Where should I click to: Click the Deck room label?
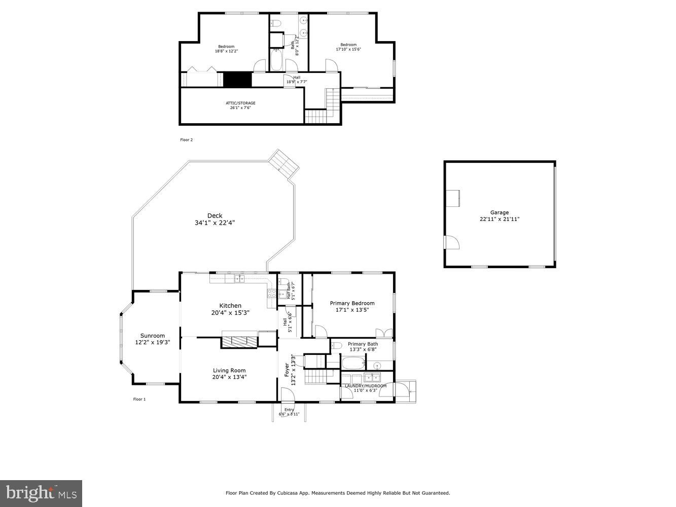coord(215,215)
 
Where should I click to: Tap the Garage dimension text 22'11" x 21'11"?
coord(500,219)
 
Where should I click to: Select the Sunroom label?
coord(153,336)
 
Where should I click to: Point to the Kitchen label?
coord(230,306)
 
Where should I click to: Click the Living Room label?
coord(229,370)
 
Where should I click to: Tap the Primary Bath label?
coord(363,344)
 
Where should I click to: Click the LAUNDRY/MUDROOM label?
coord(366,386)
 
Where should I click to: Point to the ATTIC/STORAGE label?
coord(240,103)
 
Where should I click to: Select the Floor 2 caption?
coord(187,140)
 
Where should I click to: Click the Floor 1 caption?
coord(139,399)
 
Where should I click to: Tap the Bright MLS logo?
coord(41,493)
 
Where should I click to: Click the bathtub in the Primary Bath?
coord(352,364)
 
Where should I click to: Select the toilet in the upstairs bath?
coord(276,23)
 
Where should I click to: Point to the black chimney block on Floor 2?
coord(237,80)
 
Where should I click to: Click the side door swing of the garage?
coord(451,243)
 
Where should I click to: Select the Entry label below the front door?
coord(289,410)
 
